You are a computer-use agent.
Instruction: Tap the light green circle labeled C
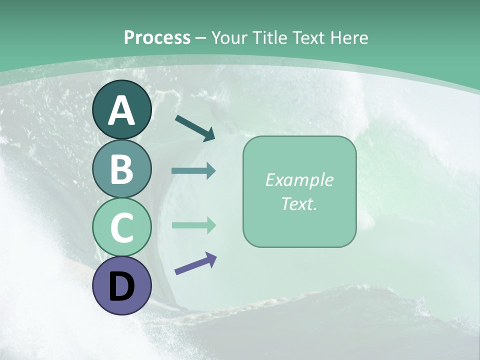pyautogui.click(x=121, y=227)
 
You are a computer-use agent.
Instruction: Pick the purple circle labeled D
pyautogui.click(x=121, y=286)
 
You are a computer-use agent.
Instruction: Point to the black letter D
pyautogui.click(x=121, y=287)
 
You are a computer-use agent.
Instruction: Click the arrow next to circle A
pyautogui.click(x=195, y=128)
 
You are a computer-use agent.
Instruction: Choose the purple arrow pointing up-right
pyautogui.click(x=195, y=263)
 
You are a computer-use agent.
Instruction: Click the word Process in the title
pyautogui.click(x=157, y=37)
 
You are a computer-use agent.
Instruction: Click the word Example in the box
pyautogui.click(x=299, y=180)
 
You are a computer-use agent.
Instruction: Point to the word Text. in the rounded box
pyautogui.click(x=299, y=203)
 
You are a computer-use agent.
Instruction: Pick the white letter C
pyautogui.click(x=121, y=228)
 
